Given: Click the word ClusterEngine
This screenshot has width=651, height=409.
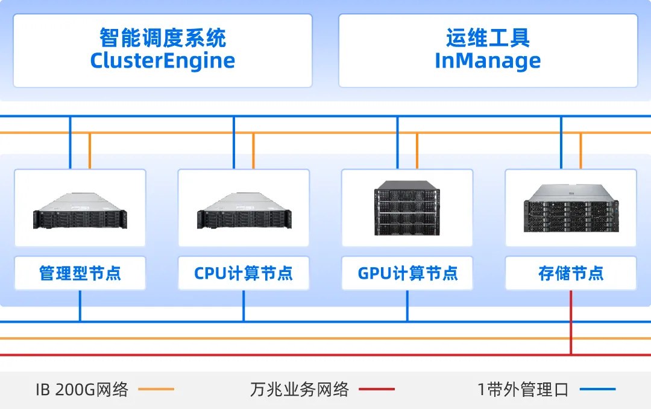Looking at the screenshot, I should [x=163, y=61].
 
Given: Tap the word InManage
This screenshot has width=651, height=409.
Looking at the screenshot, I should [x=488, y=61].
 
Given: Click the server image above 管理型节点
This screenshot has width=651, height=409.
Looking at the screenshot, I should [x=80, y=211].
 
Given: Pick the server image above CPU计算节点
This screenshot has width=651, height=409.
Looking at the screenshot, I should [x=244, y=211].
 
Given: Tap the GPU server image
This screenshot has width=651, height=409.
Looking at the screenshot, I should [x=407, y=208].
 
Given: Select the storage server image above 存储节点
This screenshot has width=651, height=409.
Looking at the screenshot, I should [x=571, y=208].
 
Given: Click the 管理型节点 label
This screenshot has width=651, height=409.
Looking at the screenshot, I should [x=80, y=273].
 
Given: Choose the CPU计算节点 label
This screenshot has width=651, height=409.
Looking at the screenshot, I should [x=244, y=273].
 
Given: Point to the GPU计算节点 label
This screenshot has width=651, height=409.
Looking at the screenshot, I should [x=407, y=273].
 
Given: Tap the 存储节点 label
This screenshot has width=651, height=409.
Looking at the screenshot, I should [x=571, y=273].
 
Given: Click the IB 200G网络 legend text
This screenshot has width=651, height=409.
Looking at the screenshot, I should [x=82, y=390].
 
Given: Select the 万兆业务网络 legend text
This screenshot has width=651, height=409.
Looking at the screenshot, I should [x=300, y=390].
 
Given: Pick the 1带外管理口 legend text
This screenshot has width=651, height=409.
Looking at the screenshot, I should [x=523, y=390].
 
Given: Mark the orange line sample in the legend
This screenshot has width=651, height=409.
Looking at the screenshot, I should [x=156, y=390].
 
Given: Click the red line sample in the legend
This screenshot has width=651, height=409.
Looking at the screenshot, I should [x=377, y=390].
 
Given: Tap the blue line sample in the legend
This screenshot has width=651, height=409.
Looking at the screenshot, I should [x=597, y=390].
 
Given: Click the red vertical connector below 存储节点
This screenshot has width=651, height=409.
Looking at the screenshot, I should [x=571, y=323].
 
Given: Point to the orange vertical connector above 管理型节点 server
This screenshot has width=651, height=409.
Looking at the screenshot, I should [x=90, y=151].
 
